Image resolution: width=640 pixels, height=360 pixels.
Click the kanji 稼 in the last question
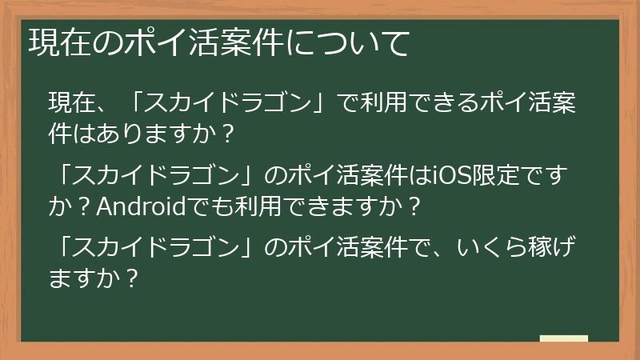coord(546,249)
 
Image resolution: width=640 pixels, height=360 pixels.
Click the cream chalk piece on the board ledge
coord(563,339)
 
